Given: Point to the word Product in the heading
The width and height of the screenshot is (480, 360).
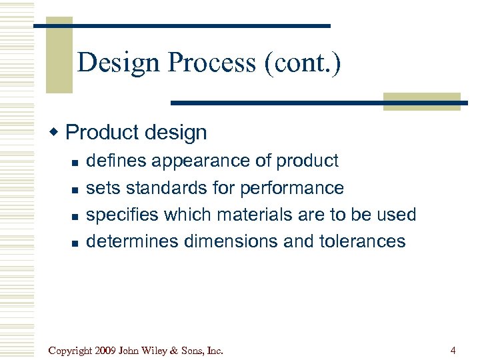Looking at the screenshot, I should point(101,133).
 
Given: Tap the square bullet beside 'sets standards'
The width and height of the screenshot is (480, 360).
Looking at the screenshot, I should point(75,189).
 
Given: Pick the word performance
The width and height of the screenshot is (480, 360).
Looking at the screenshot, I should point(292,188).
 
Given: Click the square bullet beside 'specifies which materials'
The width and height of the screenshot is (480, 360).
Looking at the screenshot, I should point(75,216).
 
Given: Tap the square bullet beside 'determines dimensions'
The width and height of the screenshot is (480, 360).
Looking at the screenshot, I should point(75,243).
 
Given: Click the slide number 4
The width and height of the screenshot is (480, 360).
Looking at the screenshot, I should point(453,349).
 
